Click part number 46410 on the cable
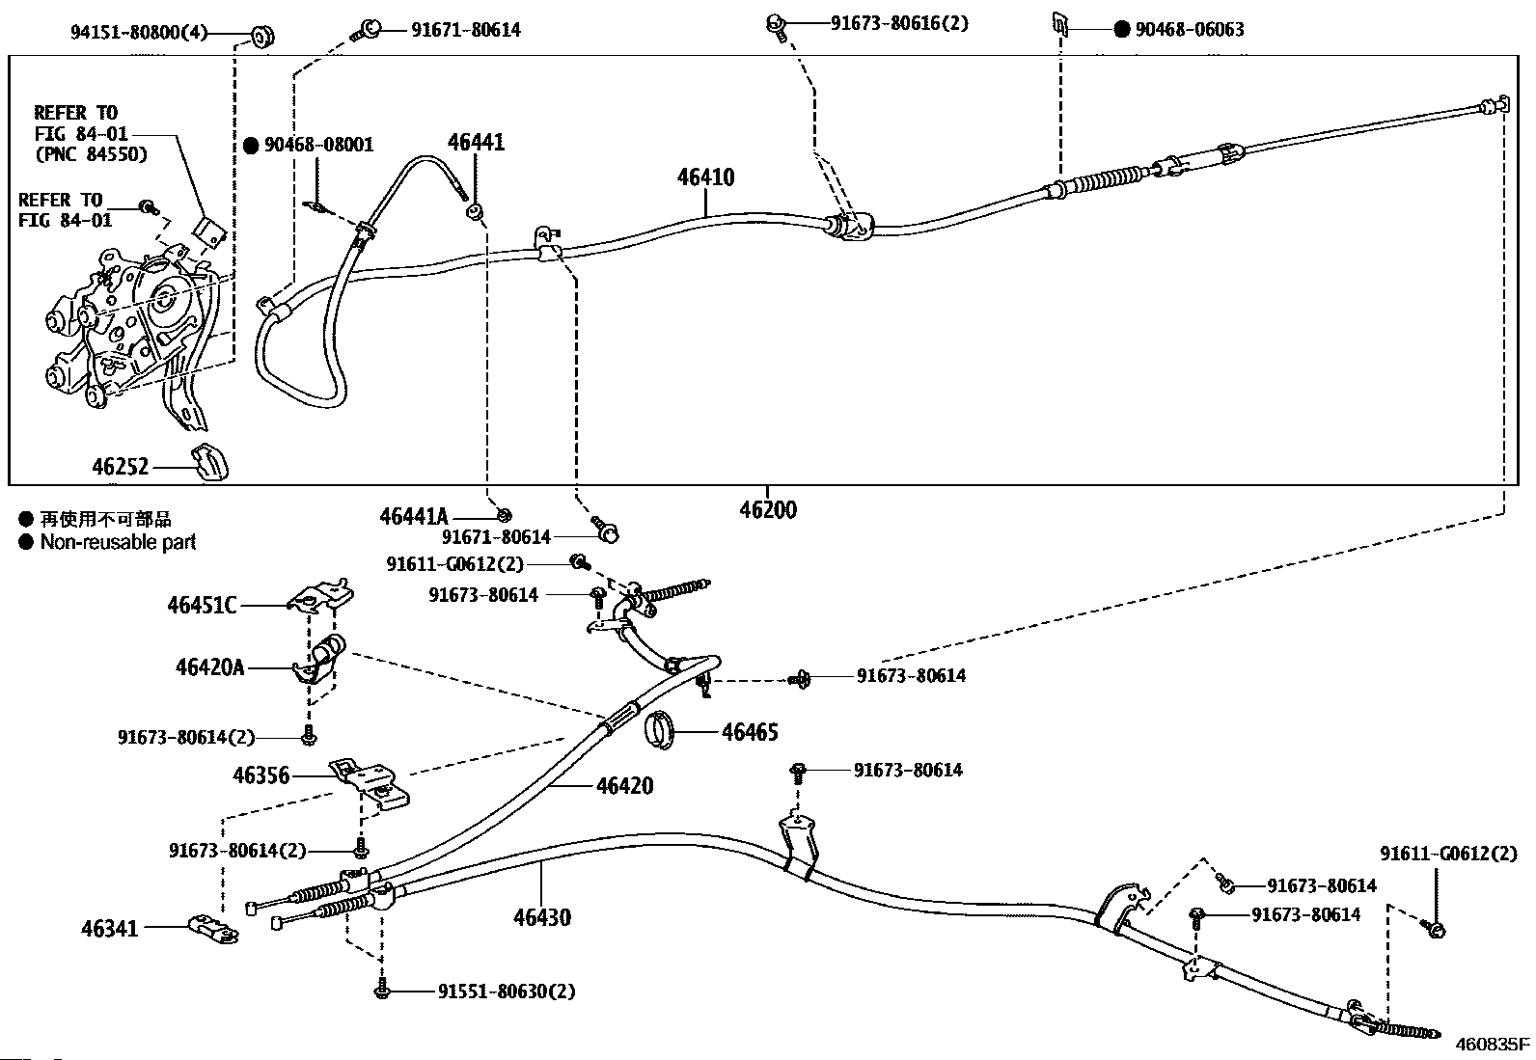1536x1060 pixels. tap(705, 177)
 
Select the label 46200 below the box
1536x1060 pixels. tap(768, 510)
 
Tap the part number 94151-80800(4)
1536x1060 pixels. tap(139, 32)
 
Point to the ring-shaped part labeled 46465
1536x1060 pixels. tap(660, 730)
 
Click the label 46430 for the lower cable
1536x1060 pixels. tap(541, 917)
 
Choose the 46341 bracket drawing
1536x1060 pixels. tap(214, 929)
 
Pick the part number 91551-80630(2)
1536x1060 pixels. tap(507, 992)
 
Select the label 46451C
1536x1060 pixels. tap(202, 606)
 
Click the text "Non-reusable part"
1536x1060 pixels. tap(118, 542)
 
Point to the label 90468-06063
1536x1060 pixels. tap(1190, 30)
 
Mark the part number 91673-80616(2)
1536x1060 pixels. tap(899, 23)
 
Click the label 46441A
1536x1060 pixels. tap(414, 516)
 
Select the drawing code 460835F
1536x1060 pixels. tap(1493, 1045)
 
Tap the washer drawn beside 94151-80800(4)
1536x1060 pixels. tap(261, 35)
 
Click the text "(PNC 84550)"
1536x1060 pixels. tap(92, 154)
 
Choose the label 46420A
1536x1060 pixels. tap(209, 667)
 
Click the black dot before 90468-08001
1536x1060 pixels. tap(252, 146)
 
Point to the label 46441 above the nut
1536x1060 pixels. tap(476, 143)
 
